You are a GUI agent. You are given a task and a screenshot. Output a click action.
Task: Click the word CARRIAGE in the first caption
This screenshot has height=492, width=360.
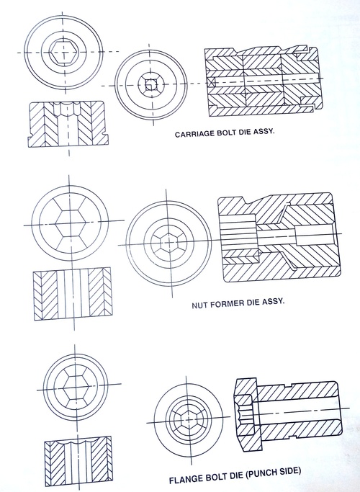coord(192,134)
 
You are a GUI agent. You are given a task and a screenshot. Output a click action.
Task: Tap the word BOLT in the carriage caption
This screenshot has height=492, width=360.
coord(222,134)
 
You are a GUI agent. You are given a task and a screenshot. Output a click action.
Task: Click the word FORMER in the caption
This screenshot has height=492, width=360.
coord(223,303)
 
